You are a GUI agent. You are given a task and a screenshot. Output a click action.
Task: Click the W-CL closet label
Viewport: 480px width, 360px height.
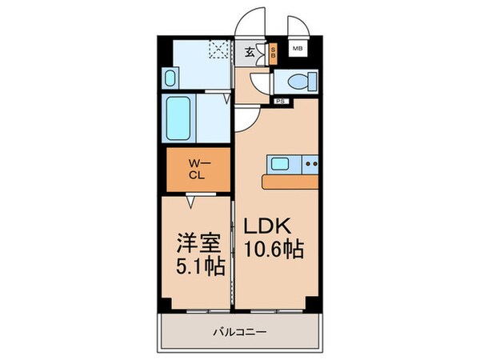click(195, 170)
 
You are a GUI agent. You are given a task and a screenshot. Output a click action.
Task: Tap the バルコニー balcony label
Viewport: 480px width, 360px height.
click(240, 331)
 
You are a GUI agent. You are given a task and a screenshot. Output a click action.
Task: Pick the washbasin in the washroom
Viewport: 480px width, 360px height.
click(170, 78)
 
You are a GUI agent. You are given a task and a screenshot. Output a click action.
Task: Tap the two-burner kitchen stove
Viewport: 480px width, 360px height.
click(310, 165)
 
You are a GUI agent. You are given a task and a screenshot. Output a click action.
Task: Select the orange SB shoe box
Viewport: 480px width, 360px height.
click(273, 54)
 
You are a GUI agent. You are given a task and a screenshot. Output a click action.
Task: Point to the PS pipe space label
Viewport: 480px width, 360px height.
click(281, 102)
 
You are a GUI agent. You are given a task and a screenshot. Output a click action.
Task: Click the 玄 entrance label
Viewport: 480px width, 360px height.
click(249, 53)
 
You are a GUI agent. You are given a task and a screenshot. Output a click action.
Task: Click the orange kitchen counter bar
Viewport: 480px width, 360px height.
click(290, 182)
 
